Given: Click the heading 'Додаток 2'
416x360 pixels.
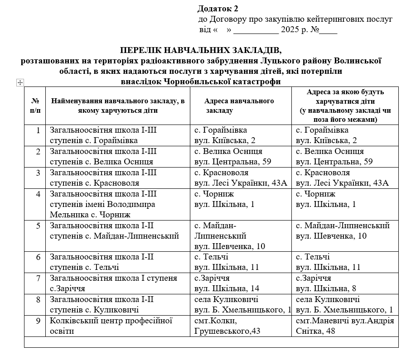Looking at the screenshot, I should (218, 9).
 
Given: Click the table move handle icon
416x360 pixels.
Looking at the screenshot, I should (19, 82).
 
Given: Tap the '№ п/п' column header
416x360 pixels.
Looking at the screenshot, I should (35, 106).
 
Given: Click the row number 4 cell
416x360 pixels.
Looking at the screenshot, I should (35, 204).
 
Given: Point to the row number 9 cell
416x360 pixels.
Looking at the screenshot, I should (35, 326).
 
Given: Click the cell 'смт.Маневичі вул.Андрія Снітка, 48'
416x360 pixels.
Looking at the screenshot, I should (344, 326).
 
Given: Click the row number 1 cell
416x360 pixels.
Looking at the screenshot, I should (35, 135).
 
